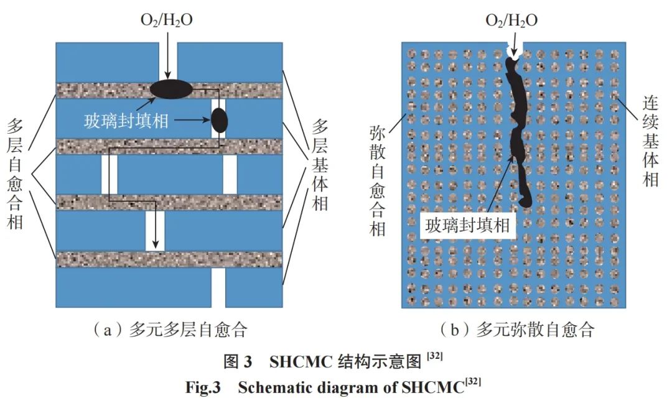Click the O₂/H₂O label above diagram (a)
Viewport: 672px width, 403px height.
(x=167, y=20)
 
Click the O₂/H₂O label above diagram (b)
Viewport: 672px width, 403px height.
(x=511, y=21)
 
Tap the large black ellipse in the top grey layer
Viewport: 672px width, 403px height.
(x=171, y=89)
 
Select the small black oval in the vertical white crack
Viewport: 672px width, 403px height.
(x=220, y=121)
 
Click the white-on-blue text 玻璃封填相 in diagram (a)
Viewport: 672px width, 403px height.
(x=126, y=121)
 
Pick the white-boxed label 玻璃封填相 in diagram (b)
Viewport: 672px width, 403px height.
(x=467, y=225)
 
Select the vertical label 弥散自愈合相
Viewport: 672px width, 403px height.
(x=378, y=181)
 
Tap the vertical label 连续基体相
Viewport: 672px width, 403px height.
(x=650, y=141)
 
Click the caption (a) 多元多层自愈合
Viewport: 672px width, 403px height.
(x=170, y=330)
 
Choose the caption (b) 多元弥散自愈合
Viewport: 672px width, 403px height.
(x=517, y=330)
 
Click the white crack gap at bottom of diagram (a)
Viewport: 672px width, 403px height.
(x=218, y=287)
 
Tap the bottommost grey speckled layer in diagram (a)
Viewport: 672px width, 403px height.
(x=169, y=259)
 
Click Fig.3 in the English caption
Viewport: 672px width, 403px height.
(x=203, y=387)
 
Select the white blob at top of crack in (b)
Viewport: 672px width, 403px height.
(x=513, y=52)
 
